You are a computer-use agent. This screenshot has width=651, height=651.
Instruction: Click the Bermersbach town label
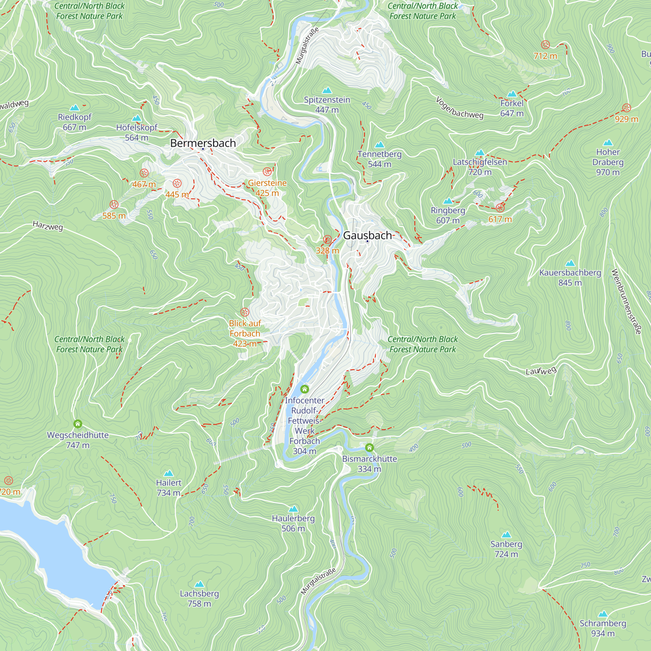coord(203,143)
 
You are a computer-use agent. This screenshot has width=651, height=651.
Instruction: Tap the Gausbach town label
coord(367,235)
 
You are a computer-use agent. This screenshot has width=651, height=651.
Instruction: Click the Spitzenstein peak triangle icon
coord(327,90)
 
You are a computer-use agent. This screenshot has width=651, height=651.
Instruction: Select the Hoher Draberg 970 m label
coord(607,162)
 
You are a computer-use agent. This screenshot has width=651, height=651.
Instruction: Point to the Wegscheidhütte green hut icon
coord(78,423)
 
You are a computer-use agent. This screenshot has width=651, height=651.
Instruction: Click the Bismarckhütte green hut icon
coord(369,448)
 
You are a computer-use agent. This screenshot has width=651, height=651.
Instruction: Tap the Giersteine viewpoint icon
coord(267,172)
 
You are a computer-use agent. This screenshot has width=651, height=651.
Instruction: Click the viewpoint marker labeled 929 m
coord(626,108)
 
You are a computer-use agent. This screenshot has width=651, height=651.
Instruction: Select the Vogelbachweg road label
coord(460,108)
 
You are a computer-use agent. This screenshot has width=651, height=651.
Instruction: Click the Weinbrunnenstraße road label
coord(626,302)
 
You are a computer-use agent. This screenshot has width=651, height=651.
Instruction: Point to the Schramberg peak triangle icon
coord(603,614)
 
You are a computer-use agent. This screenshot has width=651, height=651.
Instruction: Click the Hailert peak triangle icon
coord(169,473)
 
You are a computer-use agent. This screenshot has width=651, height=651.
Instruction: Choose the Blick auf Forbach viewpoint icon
coord(245,312)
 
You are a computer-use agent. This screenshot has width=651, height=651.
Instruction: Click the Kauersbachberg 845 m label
coord(570,277)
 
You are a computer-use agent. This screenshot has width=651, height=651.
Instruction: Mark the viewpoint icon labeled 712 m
coord(545,45)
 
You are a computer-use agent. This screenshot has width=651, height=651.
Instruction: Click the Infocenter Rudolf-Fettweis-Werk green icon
coord(305,389)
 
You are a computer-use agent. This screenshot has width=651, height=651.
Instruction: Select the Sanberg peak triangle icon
coord(506,535)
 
